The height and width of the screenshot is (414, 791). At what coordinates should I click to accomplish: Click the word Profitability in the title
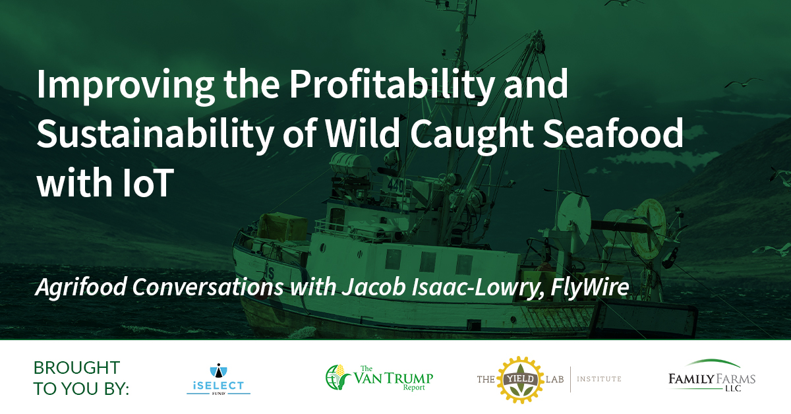point(392,86)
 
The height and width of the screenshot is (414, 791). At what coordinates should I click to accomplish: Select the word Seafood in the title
point(613,133)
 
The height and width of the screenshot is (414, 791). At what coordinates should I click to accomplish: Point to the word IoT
point(148,183)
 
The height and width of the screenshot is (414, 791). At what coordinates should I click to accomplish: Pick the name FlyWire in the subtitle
point(590,287)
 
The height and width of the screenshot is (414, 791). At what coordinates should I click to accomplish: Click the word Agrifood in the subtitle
point(81,287)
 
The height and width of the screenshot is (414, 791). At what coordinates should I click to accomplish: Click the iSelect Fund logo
point(219,378)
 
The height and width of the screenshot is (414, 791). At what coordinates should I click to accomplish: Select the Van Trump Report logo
point(379,378)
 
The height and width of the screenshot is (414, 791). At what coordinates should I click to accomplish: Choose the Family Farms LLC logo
point(712,376)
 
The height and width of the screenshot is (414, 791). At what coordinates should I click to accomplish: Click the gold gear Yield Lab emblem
point(521,380)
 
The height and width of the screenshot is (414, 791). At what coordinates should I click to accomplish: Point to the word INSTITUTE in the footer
point(599,379)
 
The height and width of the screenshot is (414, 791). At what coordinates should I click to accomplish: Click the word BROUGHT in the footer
point(76,368)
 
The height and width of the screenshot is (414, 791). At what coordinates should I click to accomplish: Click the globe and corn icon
point(337,377)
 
